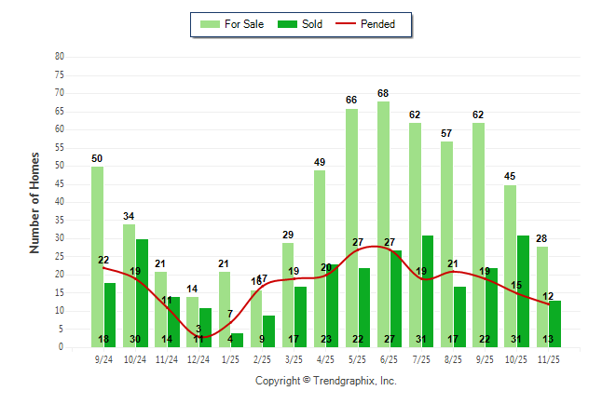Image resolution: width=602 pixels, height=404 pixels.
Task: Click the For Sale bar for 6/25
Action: click(383, 223)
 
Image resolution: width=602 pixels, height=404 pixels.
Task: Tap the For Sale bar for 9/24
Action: click(97, 256)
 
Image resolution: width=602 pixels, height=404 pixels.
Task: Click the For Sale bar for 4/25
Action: click(320, 258)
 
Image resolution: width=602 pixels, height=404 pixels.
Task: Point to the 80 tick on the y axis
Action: click(59, 56)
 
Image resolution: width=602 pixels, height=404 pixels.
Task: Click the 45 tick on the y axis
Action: click(59, 183)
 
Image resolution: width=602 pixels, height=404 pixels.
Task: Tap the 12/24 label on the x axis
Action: click(198, 358)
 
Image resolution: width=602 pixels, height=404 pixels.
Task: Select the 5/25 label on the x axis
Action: click(357, 358)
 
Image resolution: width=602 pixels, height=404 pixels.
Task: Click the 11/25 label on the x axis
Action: click(548, 358)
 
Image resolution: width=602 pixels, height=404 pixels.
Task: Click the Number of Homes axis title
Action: click(35, 202)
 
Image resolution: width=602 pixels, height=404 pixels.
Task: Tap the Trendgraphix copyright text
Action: click(326, 381)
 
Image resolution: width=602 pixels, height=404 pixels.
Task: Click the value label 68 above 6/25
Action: click(383, 93)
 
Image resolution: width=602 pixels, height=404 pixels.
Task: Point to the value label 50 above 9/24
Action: click(97, 159)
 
